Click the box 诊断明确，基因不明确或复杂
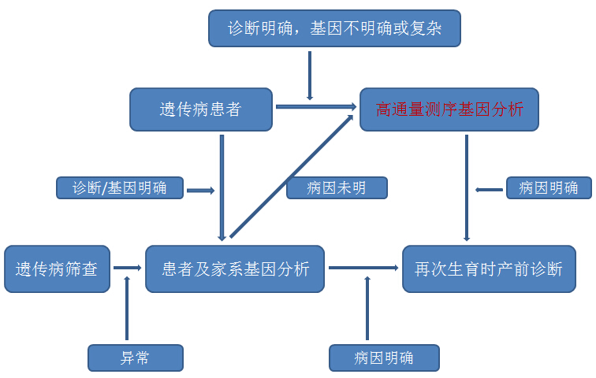click(x=334, y=28)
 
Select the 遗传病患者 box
click(x=200, y=109)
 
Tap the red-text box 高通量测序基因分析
click(x=449, y=109)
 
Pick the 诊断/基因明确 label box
click(x=120, y=188)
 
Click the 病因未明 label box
click(x=337, y=188)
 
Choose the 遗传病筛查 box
click(x=57, y=269)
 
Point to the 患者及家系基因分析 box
click(x=235, y=269)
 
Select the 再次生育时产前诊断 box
click(x=489, y=269)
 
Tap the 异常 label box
click(x=135, y=358)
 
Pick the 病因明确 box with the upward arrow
click(x=384, y=358)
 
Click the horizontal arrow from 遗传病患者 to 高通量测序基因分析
click(x=315, y=106)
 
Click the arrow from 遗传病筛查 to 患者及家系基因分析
click(x=127, y=269)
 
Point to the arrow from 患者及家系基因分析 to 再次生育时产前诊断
click(x=363, y=269)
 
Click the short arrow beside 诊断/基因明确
click(x=200, y=190)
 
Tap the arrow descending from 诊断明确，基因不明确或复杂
click(x=310, y=76)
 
